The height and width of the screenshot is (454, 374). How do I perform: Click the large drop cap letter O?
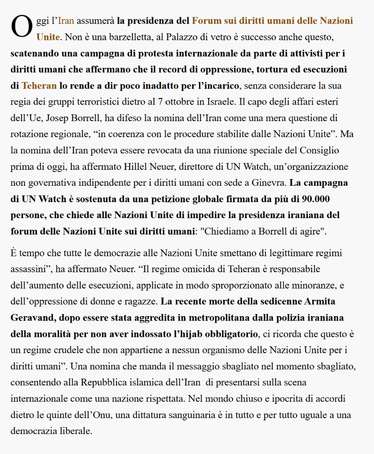22,27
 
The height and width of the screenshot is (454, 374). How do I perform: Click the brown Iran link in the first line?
66,21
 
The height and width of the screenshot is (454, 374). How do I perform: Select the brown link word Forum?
204,21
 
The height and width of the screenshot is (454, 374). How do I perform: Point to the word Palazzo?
181,37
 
